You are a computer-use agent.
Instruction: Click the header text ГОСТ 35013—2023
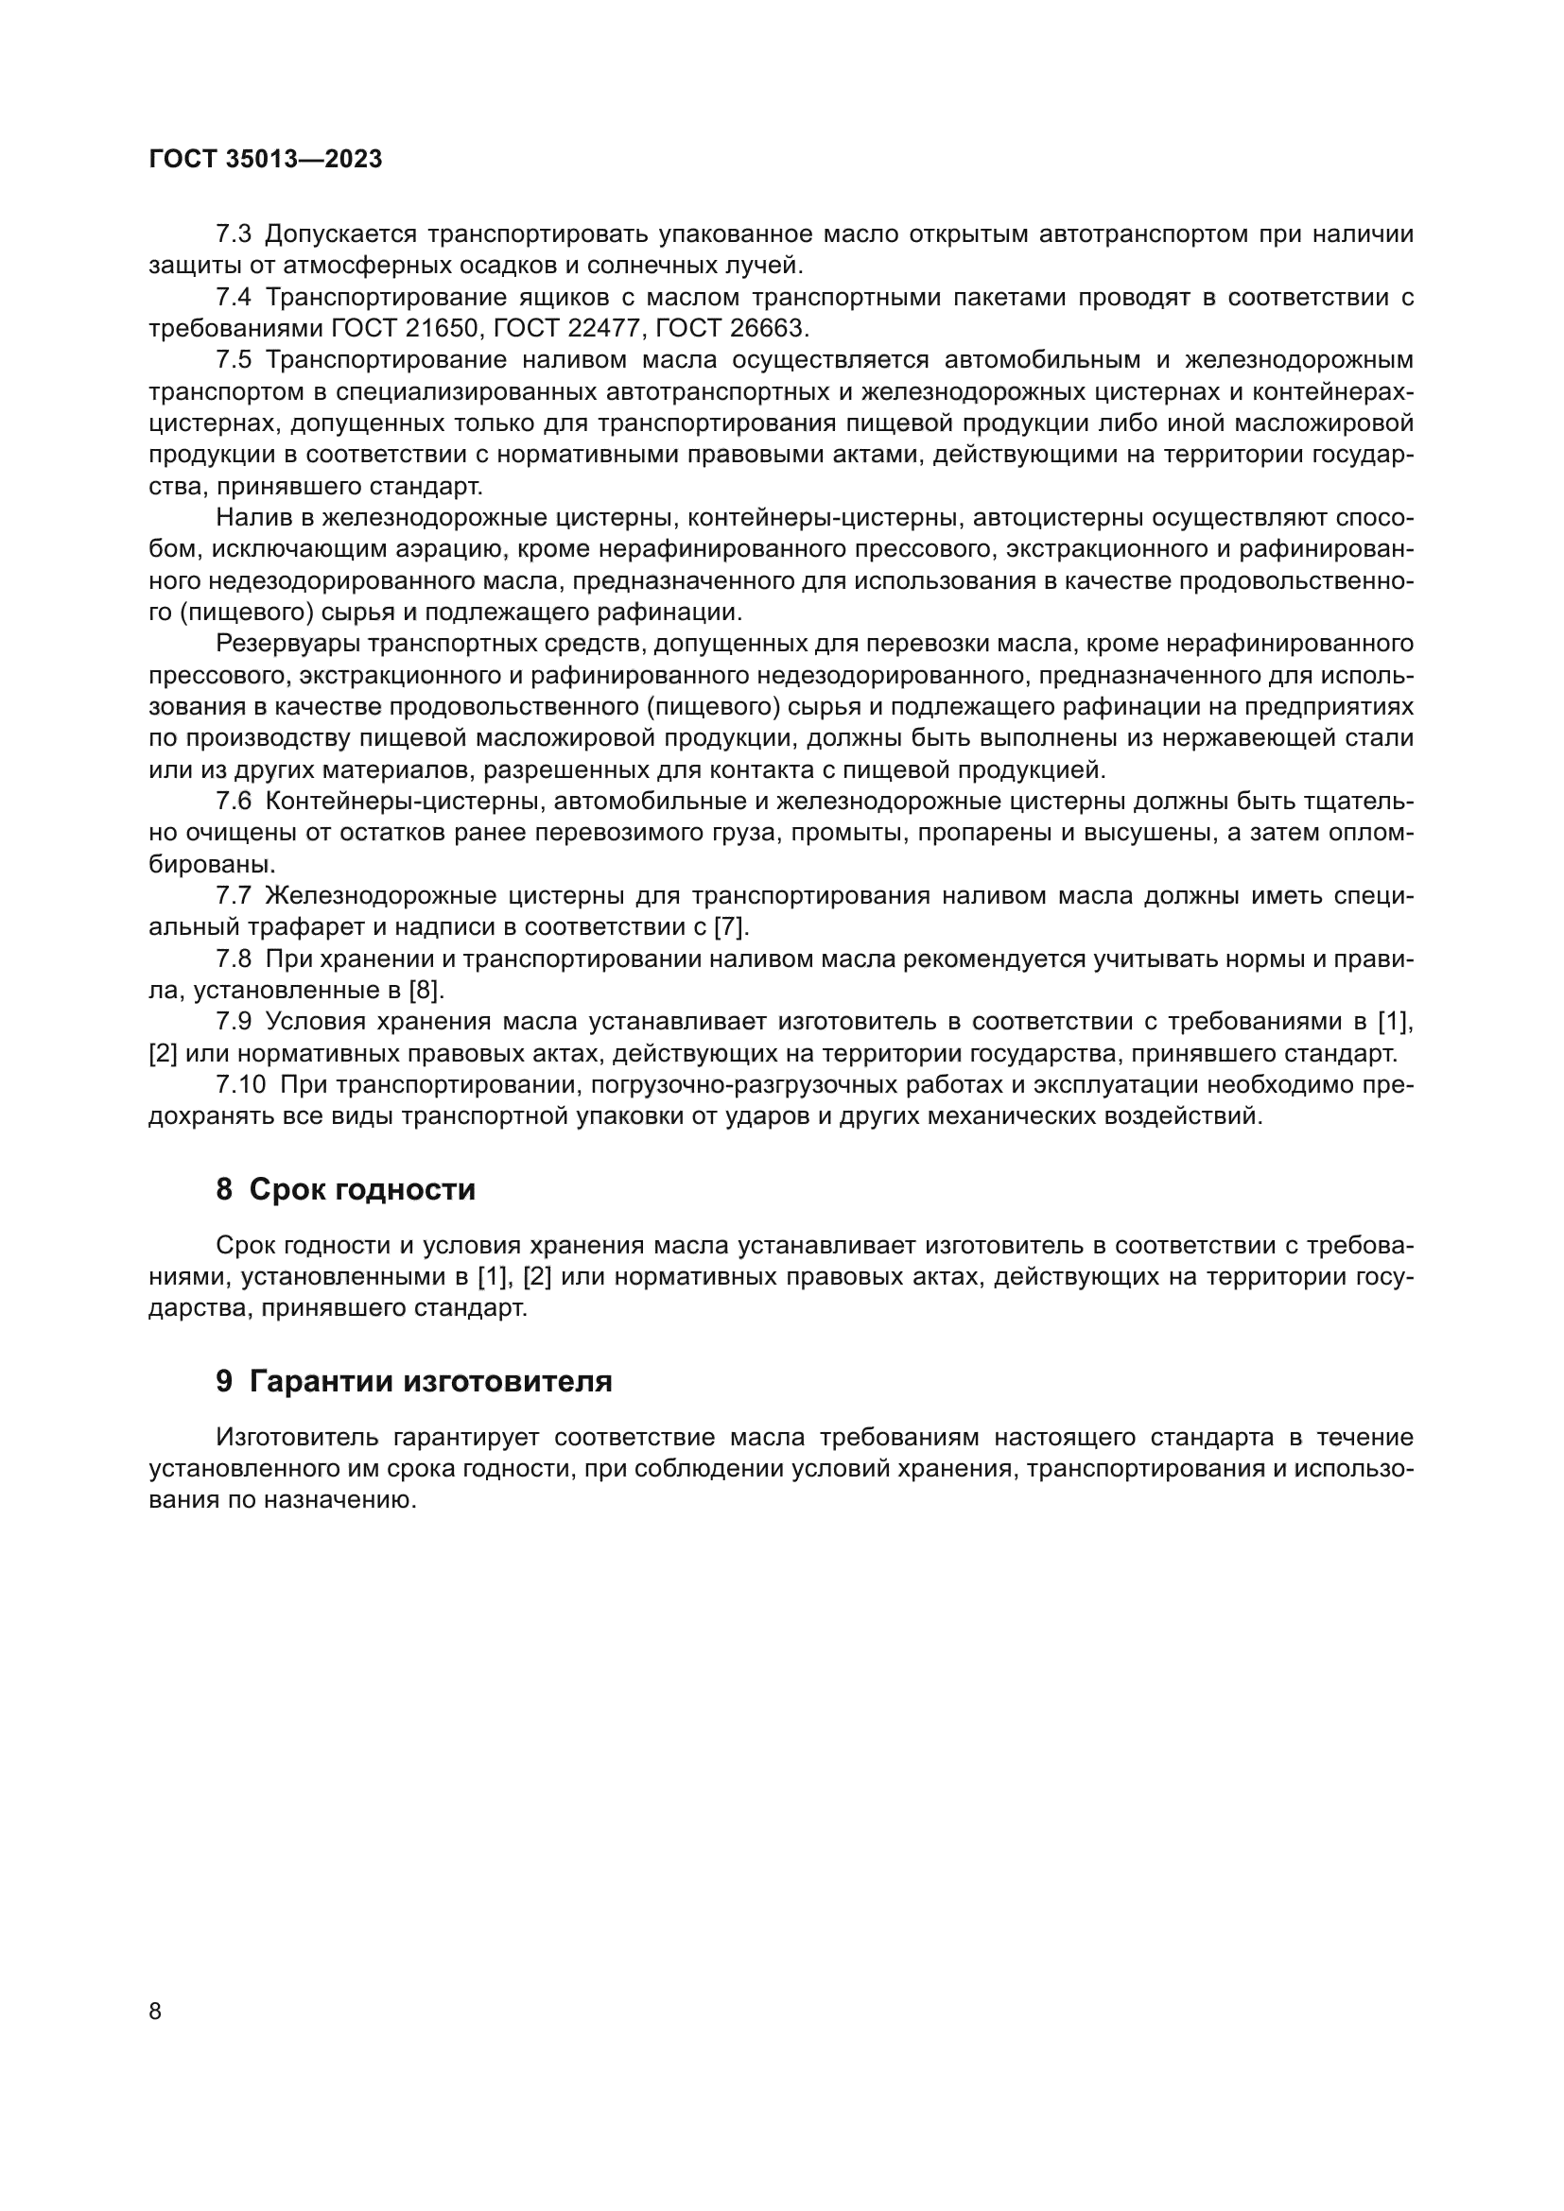click(266, 160)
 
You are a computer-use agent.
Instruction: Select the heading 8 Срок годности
click(346, 1190)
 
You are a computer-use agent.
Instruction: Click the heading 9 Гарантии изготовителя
click(414, 1382)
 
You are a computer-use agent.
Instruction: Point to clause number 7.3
click(233, 234)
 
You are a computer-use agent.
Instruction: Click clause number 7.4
click(233, 298)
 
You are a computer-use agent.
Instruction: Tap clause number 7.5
click(233, 360)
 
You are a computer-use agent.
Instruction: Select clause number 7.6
click(233, 802)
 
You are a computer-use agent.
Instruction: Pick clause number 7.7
click(233, 895)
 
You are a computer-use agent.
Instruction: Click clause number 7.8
click(233, 959)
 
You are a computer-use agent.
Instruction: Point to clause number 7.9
click(233, 1022)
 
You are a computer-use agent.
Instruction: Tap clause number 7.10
click(241, 1085)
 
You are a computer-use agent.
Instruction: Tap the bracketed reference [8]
click(426, 990)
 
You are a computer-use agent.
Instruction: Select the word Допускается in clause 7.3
click(340, 234)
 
